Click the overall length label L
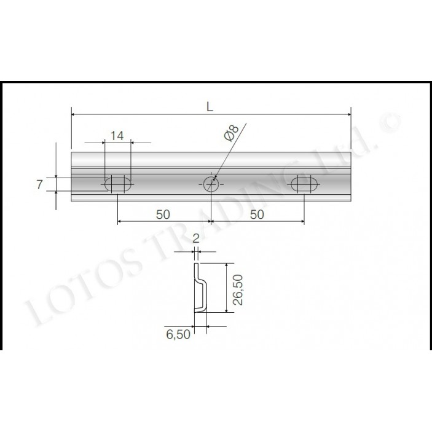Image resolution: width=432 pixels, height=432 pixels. click(210, 106)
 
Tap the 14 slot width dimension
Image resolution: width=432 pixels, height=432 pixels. click(117, 136)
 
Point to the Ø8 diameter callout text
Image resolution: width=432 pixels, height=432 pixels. click(230, 133)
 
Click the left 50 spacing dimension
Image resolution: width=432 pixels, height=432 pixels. click(163, 214)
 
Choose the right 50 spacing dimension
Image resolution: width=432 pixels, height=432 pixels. click(257, 214)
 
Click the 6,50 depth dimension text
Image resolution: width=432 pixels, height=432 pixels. click(178, 334)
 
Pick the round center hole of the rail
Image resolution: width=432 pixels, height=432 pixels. click(211, 183)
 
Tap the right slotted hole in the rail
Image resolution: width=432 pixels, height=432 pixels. click(305, 183)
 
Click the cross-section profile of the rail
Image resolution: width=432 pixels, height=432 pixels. click(200, 288)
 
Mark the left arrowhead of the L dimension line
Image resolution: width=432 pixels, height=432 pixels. click(74, 114)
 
